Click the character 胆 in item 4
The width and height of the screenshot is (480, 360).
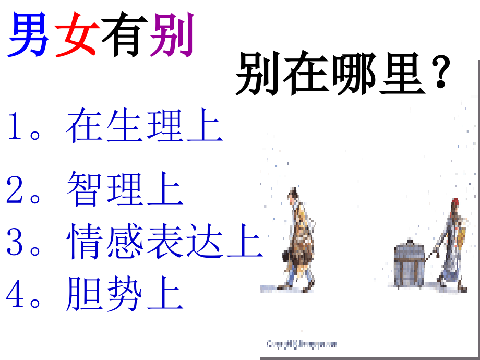click(x=86, y=295)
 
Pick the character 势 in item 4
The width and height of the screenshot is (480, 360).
click(x=125, y=295)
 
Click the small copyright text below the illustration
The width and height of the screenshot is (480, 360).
click(x=302, y=344)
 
